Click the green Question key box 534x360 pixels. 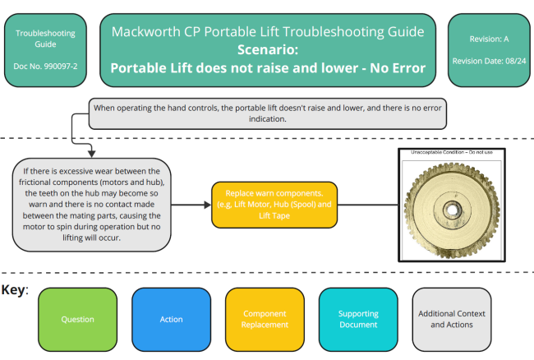coord(77,319)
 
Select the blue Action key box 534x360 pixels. coord(171,319)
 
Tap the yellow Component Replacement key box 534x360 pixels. coord(265,319)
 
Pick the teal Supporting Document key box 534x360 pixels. coord(357,319)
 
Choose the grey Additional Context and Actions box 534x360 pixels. coord(451,319)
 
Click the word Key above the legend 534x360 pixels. coord(15,290)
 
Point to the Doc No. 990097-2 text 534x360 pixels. coord(44,65)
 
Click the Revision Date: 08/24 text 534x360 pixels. coord(489,61)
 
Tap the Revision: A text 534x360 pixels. coord(489,37)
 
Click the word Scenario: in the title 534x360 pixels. coord(267,49)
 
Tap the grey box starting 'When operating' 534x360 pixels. coord(266,113)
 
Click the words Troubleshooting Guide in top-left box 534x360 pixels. coord(44,39)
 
